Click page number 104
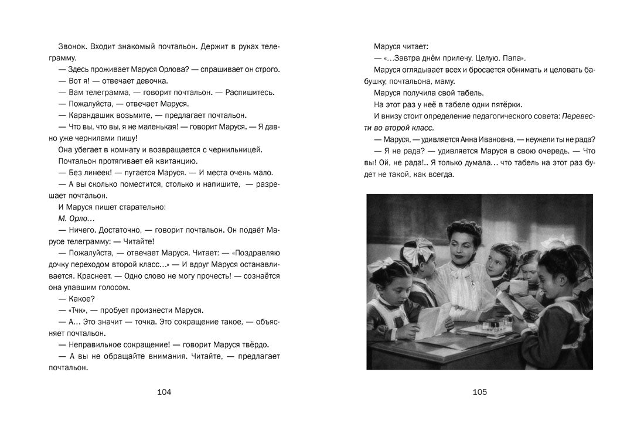click(x=165, y=392)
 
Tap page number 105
click(x=479, y=392)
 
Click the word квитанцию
click(x=179, y=161)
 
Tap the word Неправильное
click(x=93, y=344)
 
